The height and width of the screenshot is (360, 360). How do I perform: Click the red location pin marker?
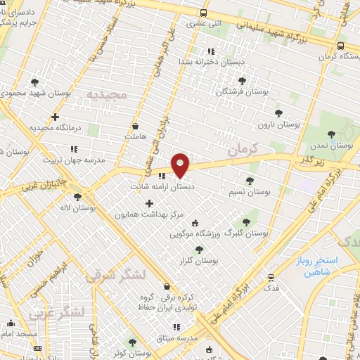[x=181, y=165]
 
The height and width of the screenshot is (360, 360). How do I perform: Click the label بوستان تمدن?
[x=335, y=145]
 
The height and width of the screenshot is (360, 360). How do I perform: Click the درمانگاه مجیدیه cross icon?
[x=55, y=117]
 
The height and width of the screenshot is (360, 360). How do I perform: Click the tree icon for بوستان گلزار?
[x=200, y=249]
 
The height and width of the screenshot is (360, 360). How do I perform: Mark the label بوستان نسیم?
[x=250, y=191]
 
